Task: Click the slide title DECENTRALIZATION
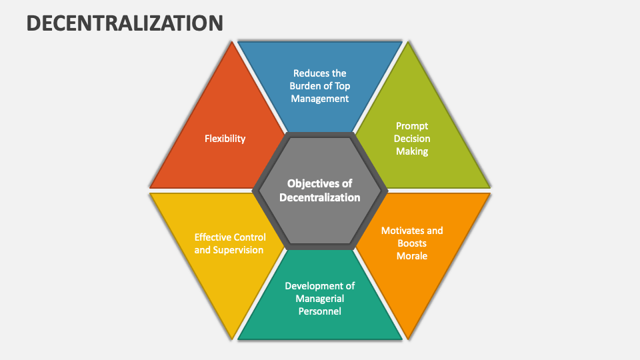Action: click(125, 23)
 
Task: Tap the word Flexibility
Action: click(225, 139)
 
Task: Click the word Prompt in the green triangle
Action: click(412, 125)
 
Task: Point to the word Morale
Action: click(412, 256)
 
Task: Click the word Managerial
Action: click(320, 298)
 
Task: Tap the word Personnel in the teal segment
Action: click(320, 311)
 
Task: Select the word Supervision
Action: click(238, 250)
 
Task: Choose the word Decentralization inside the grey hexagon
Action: click(320, 197)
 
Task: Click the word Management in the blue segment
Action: click(320, 99)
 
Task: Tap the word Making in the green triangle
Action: click(412, 151)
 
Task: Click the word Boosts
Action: click(412, 243)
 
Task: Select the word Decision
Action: click(412, 139)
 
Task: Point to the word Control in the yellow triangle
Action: click(251, 237)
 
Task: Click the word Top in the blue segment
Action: click(342, 86)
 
